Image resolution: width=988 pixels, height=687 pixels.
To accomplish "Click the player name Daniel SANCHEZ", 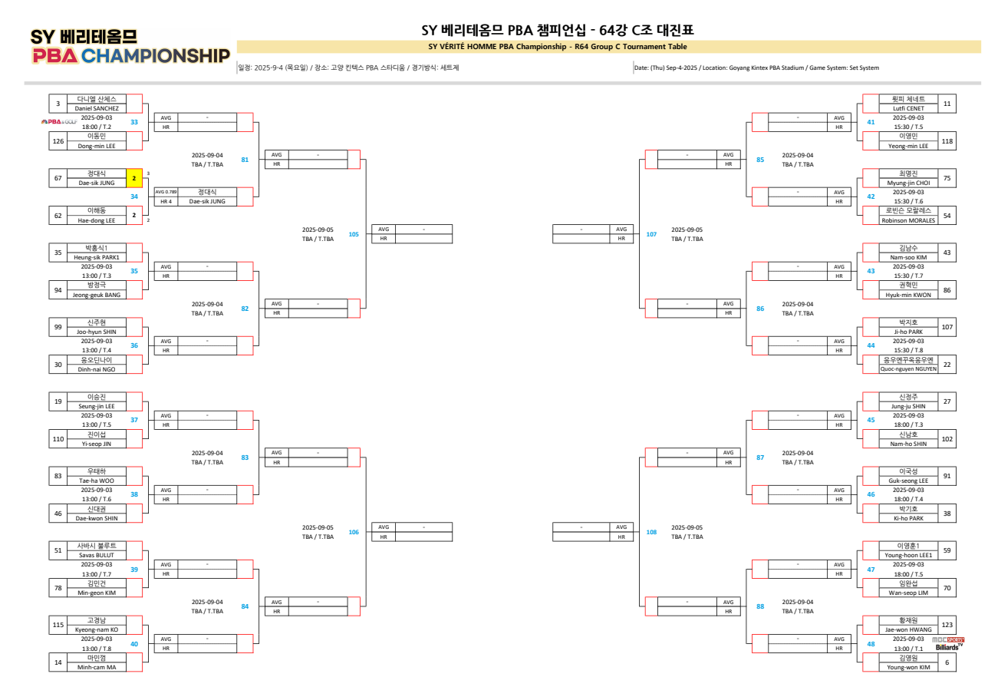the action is pyautogui.click(x=97, y=108).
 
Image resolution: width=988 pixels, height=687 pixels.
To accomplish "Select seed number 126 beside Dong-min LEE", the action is pyautogui.click(x=58, y=140).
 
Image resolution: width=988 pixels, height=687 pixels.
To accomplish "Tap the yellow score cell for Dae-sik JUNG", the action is pyautogui.click(x=134, y=178).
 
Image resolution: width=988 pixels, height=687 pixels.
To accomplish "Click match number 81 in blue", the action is pyautogui.click(x=245, y=160).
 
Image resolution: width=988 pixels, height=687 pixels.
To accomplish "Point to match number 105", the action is pyautogui.click(x=354, y=234).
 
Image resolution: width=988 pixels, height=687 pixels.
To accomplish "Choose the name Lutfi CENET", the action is pyautogui.click(x=909, y=108).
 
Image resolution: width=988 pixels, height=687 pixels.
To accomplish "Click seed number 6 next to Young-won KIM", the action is pyautogui.click(x=947, y=662).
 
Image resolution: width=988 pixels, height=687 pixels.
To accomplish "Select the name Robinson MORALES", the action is pyautogui.click(x=909, y=220).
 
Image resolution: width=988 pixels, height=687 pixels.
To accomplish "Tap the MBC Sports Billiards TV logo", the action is pyautogui.click(x=948, y=643).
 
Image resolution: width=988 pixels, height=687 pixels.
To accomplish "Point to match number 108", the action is pyautogui.click(x=652, y=532).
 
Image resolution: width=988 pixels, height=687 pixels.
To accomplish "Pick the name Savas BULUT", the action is pyautogui.click(x=97, y=555).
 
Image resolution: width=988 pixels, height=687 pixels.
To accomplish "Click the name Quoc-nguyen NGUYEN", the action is pyautogui.click(x=909, y=369).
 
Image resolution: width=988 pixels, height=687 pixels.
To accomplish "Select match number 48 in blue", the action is pyautogui.click(x=871, y=643).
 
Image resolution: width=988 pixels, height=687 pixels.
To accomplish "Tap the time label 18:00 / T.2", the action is pyautogui.click(x=97, y=127).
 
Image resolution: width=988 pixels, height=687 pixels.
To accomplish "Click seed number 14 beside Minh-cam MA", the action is pyautogui.click(x=58, y=662).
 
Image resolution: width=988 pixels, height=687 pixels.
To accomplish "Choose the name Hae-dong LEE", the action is pyautogui.click(x=97, y=220).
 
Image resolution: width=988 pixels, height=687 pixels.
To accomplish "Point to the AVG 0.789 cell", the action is pyautogui.click(x=166, y=192).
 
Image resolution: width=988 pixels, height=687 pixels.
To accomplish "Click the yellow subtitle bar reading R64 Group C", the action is pyautogui.click(x=558, y=47).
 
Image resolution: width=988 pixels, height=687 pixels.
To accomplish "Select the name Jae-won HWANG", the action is pyautogui.click(x=909, y=629).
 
